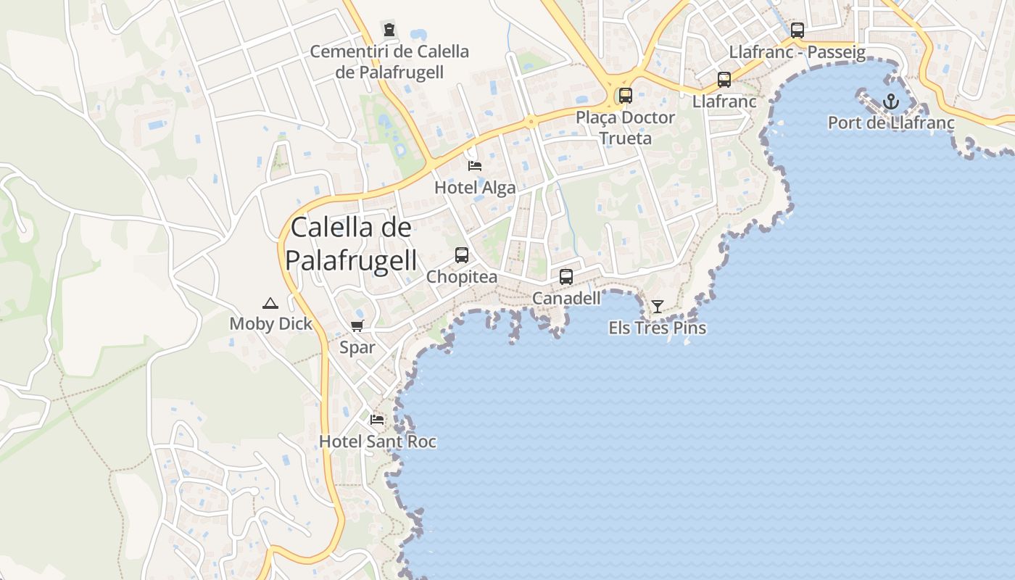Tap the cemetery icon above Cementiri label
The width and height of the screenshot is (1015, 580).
[x=389, y=30]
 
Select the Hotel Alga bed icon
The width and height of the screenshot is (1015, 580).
[x=475, y=166]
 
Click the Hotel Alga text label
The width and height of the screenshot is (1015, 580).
[x=475, y=188]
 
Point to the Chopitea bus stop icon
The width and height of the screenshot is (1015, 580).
[x=462, y=255]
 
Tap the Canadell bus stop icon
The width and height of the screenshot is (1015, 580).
[x=566, y=277]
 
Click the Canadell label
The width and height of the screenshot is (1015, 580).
[x=566, y=299]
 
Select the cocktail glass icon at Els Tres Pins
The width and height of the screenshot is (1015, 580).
[x=657, y=307]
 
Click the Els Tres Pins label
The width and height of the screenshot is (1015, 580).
[x=657, y=328]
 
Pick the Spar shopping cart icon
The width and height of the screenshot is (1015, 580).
[x=357, y=326]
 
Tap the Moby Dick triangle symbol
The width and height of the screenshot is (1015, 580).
[x=270, y=303]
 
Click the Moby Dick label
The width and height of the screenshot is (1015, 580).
[x=270, y=324]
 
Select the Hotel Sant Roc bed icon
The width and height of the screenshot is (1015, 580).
[x=377, y=420]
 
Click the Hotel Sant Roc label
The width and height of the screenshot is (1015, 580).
[x=377, y=442]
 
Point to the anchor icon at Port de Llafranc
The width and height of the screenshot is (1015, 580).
[x=891, y=101]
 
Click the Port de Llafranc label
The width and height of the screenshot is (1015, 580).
[x=891, y=123]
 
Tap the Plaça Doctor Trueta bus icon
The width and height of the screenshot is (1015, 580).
[x=625, y=96]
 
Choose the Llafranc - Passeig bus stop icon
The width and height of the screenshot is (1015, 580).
[x=797, y=30]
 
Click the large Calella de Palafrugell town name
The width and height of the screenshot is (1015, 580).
[x=352, y=244]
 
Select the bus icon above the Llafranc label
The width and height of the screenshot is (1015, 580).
[x=724, y=80]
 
